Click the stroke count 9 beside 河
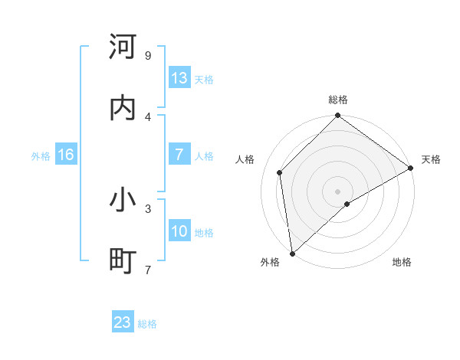[148, 56]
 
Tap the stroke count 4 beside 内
[148, 117]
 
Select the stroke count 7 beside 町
[148, 270]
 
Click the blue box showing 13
[179, 78]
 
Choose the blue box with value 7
[179, 155]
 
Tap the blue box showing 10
[179, 231]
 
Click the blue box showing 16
[66, 155]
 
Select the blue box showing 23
[123, 322]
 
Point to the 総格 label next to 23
[148, 324]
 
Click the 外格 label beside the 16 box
[41, 156]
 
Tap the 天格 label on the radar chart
[431, 159]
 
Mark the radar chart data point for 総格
[337, 117]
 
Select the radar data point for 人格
[280, 172]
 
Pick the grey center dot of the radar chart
[337, 191]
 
